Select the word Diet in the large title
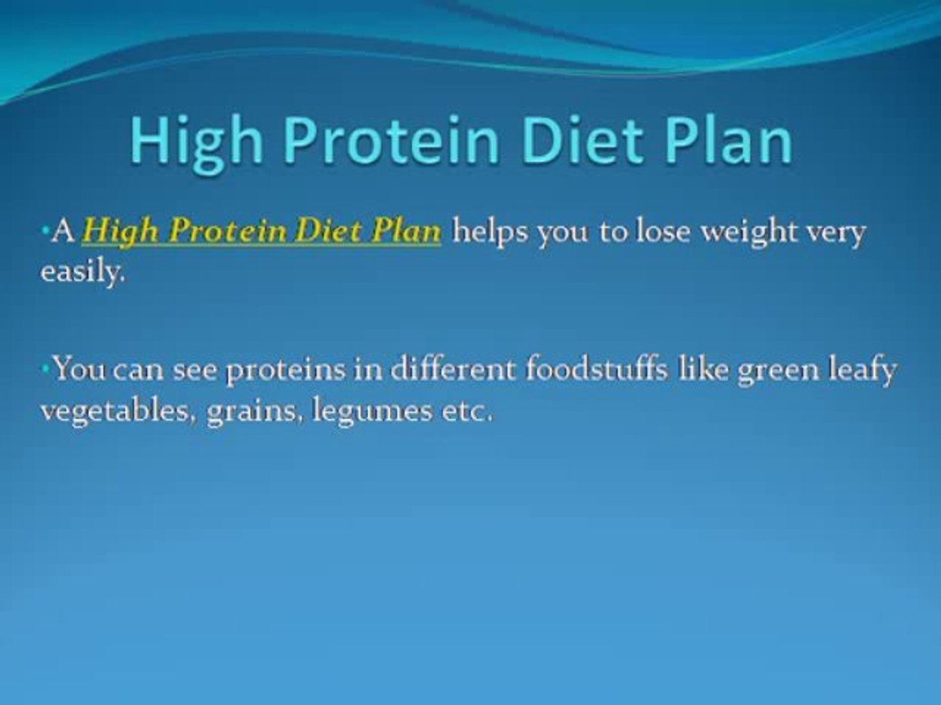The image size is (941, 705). (x=582, y=140)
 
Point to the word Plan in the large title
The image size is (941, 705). (x=728, y=140)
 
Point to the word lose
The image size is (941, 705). (x=663, y=232)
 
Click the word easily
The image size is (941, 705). (x=83, y=272)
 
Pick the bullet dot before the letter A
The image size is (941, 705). (x=44, y=230)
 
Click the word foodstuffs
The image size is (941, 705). (x=597, y=368)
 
